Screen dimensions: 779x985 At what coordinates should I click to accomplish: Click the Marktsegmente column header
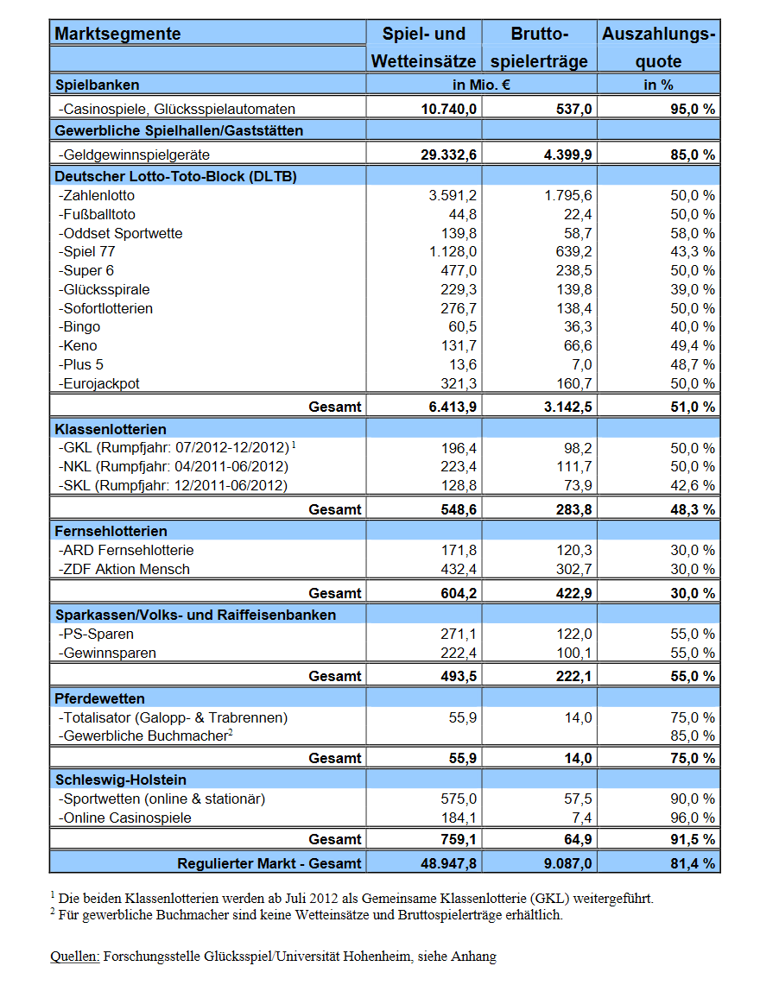coord(117,34)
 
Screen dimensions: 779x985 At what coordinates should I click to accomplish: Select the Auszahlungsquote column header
coord(658,47)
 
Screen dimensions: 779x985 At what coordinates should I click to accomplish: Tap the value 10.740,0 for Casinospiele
coord(448,110)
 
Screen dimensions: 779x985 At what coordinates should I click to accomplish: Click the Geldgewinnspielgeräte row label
coord(135,155)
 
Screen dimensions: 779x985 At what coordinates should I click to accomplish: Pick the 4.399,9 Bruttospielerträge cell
coord(568,155)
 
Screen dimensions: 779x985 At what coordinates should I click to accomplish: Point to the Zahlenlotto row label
coord(97,196)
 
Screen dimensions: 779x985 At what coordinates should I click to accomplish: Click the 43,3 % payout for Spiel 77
coord(693,252)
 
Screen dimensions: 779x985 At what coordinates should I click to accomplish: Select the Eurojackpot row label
coord(99,384)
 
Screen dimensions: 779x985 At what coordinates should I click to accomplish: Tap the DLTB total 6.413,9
coord(453,407)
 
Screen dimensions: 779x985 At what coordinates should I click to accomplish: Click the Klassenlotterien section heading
coord(111,430)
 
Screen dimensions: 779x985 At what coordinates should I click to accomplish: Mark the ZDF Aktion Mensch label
coord(124,570)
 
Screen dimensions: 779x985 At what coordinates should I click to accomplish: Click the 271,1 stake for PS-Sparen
coord(459,635)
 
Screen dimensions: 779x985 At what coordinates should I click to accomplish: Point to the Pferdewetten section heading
coord(100,699)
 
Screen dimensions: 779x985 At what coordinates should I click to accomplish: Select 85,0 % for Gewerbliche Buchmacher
coord(693,736)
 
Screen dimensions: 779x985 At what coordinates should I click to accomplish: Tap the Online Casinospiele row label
coord(125,818)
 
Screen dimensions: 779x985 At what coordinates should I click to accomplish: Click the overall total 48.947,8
coord(448,864)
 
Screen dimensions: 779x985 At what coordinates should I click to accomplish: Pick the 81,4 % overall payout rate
coord(693,864)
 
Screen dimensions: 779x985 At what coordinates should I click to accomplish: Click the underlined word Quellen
coord(75,957)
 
